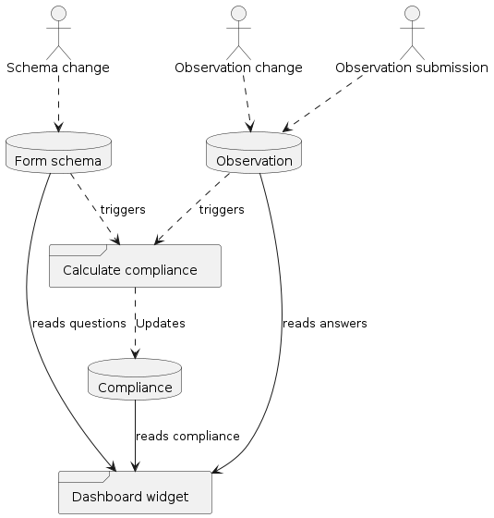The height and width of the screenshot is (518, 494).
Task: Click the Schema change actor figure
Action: (x=58, y=32)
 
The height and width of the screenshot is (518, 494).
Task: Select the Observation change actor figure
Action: (x=238, y=32)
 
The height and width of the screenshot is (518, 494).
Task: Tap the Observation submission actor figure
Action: (x=412, y=32)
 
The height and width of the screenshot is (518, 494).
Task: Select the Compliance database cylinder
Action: (x=136, y=380)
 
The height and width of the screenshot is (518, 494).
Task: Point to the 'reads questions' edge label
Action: (x=78, y=324)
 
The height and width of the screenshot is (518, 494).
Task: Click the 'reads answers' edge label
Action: (x=324, y=324)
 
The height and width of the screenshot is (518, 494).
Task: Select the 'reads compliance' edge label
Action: (x=187, y=436)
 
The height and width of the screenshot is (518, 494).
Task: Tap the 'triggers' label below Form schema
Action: (x=122, y=210)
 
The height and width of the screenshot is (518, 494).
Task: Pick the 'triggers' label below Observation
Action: (x=222, y=210)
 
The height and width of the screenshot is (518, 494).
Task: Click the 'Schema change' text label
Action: (x=58, y=68)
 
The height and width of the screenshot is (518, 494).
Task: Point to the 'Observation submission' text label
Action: (x=412, y=68)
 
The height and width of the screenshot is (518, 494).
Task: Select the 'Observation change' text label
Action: (x=238, y=68)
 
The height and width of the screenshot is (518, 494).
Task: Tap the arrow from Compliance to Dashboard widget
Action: (x=136, y=435)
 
